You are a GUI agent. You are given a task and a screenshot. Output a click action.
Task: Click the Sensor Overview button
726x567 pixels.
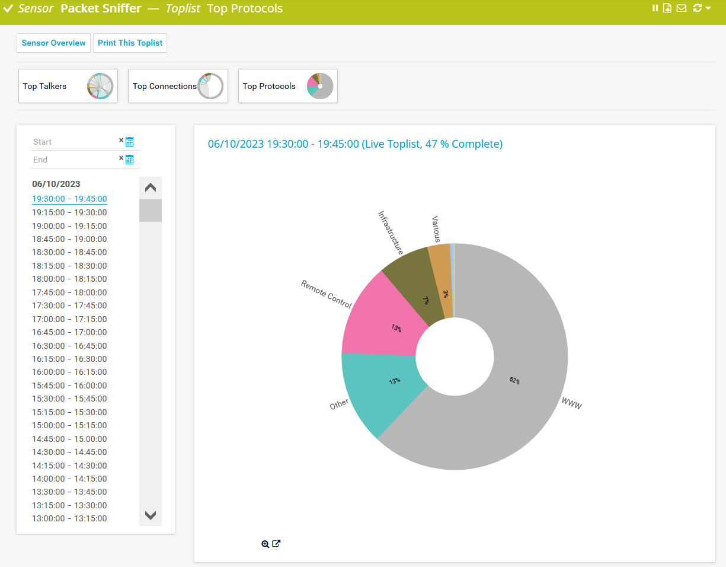[54, 43]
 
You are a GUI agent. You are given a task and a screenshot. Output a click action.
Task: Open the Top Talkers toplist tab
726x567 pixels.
[68, 86]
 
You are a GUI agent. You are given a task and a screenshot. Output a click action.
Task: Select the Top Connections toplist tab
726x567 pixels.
[178, 86]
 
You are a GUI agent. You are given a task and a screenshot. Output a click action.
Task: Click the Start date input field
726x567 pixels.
[74, 142]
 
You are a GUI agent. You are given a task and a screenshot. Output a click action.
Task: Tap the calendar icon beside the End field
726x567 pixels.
[130, 160]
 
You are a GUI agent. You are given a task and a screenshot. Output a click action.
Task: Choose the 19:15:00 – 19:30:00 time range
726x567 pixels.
[69, 212]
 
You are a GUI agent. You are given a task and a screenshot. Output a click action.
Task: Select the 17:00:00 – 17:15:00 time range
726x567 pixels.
[69, 319]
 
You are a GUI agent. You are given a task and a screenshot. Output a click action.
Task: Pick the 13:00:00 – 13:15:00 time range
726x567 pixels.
[69, 518]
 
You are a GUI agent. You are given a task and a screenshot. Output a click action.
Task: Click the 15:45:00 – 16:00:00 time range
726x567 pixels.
[69, 386]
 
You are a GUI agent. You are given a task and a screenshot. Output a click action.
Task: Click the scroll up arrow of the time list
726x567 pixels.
[151, 187]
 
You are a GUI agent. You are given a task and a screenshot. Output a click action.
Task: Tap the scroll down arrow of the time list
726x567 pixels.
[151, 515]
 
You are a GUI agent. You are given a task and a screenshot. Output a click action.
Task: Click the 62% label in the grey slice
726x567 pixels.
[514, 381]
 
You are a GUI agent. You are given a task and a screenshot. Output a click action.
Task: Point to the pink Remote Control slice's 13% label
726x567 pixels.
[396, 327]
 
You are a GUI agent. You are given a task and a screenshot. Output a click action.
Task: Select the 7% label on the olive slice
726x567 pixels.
[426, 300]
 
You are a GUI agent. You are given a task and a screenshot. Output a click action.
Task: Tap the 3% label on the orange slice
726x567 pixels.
[445, 294]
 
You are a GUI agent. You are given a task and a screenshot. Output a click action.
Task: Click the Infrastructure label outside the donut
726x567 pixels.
[391, 232]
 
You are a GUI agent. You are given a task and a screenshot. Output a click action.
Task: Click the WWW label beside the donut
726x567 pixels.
[571, 404]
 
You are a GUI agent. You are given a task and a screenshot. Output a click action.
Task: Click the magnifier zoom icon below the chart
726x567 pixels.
[265, 544]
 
